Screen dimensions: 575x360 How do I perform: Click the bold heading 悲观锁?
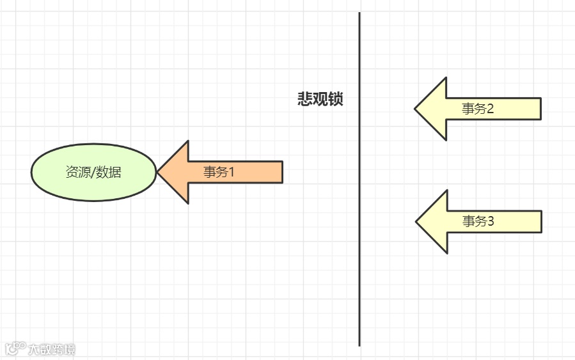coord(320,99)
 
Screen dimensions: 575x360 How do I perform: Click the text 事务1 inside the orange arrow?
coord(219,172)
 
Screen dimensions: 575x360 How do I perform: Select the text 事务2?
coord(478,109)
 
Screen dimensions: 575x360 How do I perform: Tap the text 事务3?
coord(478,221)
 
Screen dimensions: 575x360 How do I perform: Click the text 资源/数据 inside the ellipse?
coord(93,172)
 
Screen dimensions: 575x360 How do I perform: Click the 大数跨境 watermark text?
coord(51,349)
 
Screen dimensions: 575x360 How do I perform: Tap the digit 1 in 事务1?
coord(232,172)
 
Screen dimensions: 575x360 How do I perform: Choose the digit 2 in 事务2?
coord(491,109)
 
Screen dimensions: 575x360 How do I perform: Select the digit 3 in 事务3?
coord(491,221)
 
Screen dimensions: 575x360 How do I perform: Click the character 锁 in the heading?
coord(335,99)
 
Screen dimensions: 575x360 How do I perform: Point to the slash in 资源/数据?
coord(93,172)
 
